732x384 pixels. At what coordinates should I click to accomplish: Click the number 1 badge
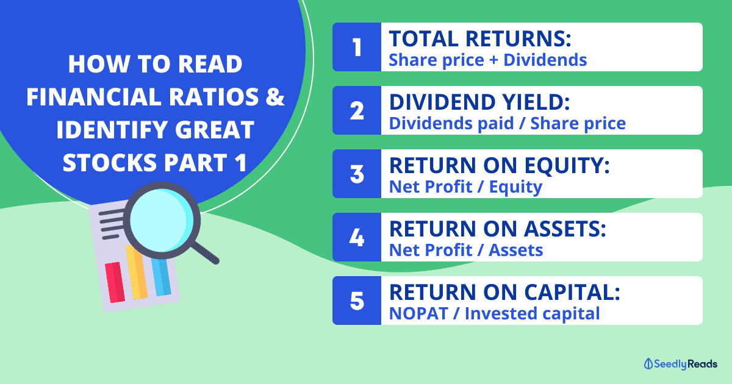coord(357,47)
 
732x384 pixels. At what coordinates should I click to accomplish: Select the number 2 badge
coord(357,110)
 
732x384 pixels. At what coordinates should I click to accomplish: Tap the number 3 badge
coord(357,174)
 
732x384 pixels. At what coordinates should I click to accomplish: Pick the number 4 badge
coord(357,237)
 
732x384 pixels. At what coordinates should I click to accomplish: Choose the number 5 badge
coord(357,300)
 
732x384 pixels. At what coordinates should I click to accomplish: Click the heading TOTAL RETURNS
coord(480,38)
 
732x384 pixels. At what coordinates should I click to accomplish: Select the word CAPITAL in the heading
coord(572,292)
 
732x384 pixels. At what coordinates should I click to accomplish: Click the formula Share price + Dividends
coord(487,60)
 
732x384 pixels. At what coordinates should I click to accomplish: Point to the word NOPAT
coord(418,313)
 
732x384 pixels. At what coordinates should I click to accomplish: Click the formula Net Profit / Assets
coord(466,250)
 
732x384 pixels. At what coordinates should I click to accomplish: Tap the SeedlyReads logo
coord(680,364)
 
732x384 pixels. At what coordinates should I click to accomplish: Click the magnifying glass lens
coord(162,221)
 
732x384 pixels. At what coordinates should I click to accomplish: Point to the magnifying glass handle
coord(205,253)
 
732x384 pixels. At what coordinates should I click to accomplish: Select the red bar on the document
coord(115,282)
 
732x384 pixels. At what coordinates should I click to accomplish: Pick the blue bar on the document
coord(161,277)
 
